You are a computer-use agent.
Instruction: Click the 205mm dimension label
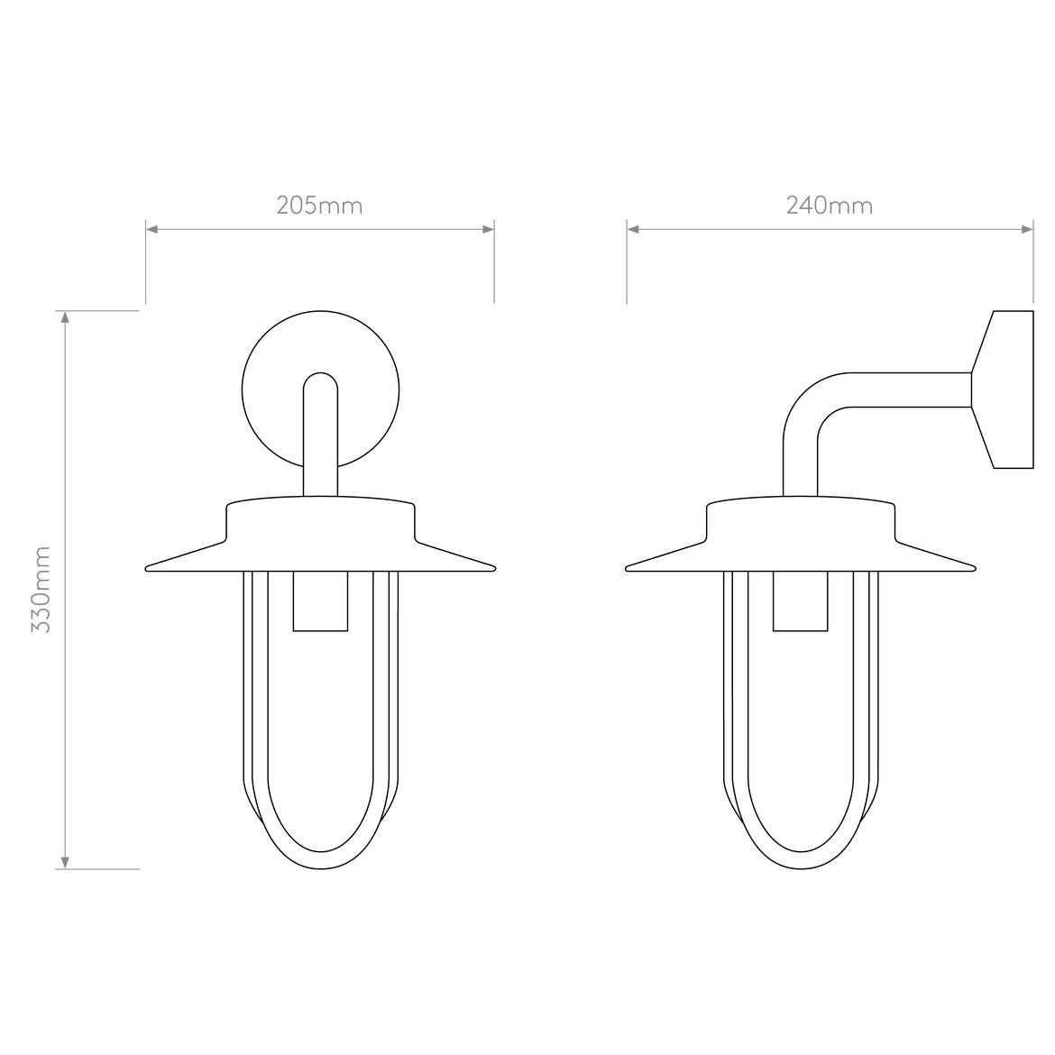(x=319, y=206)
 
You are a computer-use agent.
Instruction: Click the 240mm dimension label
(x=830, y=206)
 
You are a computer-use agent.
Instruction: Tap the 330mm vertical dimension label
(x=41, y=589)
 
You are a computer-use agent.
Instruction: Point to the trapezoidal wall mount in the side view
(x=1003, y=390)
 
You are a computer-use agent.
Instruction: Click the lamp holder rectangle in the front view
(x=319, y=601)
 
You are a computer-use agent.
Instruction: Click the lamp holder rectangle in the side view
(x=799, y=601)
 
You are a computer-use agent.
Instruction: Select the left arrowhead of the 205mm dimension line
(x=151, y=229)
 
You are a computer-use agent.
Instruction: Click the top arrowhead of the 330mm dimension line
(x=64, y=316)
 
